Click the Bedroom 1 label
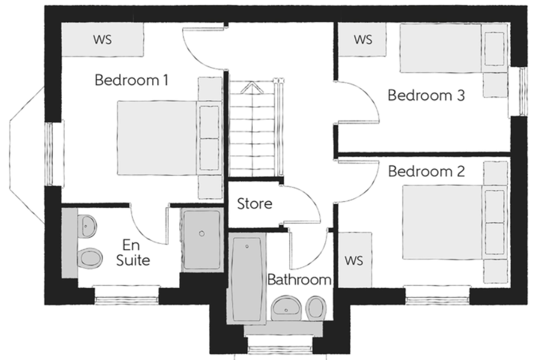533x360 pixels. (132, 80)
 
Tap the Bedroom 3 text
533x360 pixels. (426, 95)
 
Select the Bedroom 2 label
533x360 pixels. (426, 171)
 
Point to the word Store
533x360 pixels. (255, 204)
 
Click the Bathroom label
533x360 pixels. (299, 279)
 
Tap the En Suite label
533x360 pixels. (133, 253)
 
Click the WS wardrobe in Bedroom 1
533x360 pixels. (102, 40)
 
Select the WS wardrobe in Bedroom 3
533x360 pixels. (362, 40)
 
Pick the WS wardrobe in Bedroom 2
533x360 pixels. (355, 260)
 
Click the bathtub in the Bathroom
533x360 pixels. (246, 279)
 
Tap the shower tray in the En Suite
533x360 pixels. (202, 240)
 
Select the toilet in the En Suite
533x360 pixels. (90, 258)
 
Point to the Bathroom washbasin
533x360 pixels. (286, 308)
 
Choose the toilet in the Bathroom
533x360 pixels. (316, 308)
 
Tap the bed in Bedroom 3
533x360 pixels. (453, 48)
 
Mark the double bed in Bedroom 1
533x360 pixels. (169, 138)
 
